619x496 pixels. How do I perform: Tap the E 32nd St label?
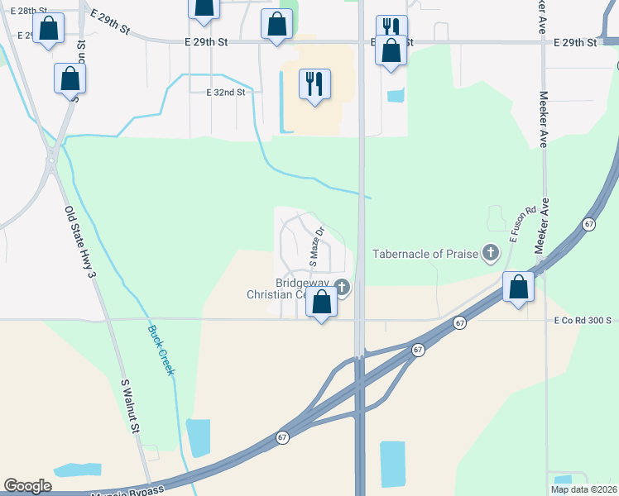coord(226,93)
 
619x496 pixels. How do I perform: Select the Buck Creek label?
coord(161,350)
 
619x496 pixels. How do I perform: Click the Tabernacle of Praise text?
coord(425,254)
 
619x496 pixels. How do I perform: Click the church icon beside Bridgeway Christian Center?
coord(342,288)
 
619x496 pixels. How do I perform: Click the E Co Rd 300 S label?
coord(582,320)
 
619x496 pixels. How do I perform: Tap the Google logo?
coord(27,486)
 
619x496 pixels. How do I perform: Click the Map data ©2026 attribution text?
coord(583,489)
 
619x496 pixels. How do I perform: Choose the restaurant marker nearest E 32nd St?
coord(314,83)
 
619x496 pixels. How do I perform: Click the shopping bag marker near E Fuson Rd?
coord(519,288)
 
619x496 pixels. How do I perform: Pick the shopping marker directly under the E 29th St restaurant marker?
coord(391,51)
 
